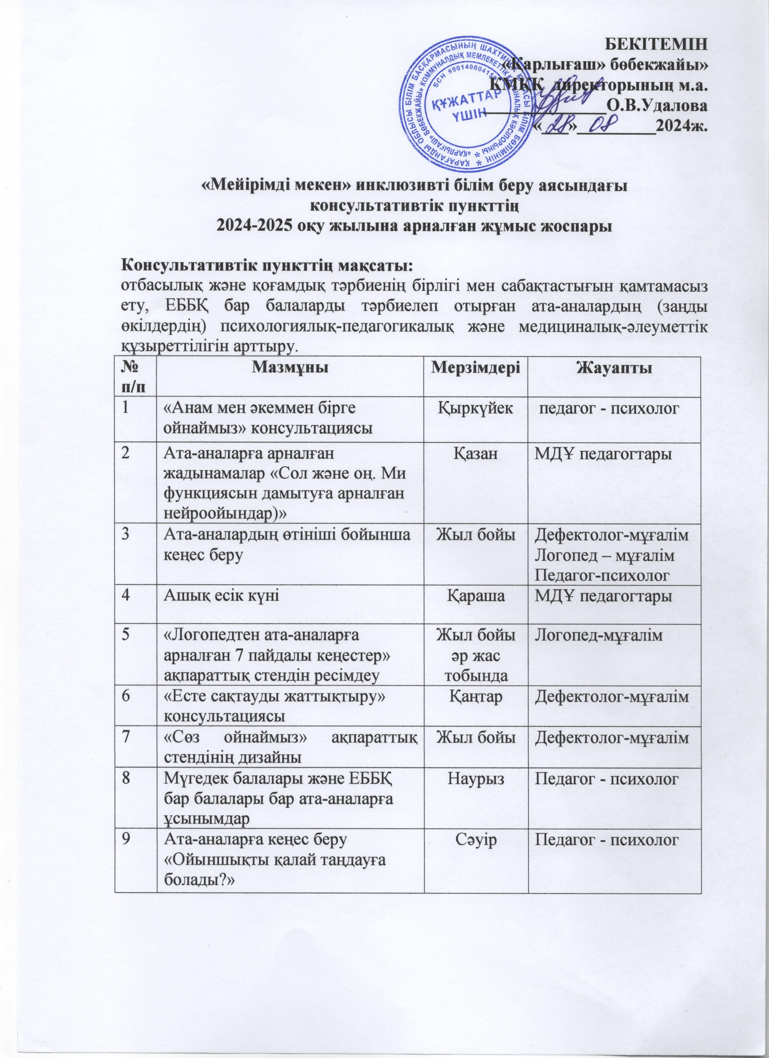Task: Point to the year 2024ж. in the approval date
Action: click(682, 126)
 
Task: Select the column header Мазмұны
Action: click(290, 370)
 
